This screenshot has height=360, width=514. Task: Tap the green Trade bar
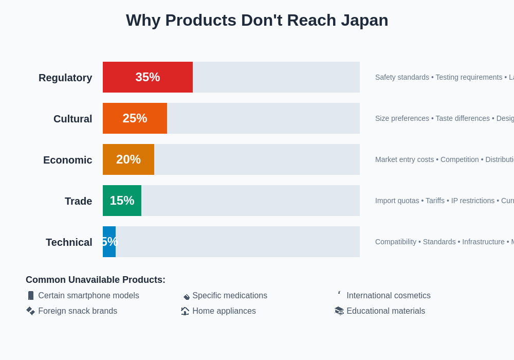[122, 201]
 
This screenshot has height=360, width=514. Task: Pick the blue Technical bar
[109, 242]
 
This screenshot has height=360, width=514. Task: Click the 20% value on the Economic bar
[128, 159]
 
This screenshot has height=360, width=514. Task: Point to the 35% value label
[148, 77]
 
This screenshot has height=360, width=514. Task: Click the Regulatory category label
[65, 78]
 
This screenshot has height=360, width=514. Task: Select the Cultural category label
[72, 119]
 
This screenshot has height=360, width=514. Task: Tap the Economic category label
[67, 160]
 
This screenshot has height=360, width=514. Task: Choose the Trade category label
[78, 201]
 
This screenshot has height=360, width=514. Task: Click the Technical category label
[69, 242]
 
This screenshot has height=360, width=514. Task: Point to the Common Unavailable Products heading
[96, 280]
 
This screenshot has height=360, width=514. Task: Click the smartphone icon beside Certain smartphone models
[31, 296]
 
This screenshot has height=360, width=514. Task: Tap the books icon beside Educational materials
[339, 311]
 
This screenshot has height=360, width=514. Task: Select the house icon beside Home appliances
[185, 311]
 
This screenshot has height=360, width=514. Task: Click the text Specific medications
[230, 296]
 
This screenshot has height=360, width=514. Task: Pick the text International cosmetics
[389, 296]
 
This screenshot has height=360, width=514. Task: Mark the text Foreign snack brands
[78, 311]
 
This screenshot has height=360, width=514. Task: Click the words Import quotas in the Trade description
[397, 201]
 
